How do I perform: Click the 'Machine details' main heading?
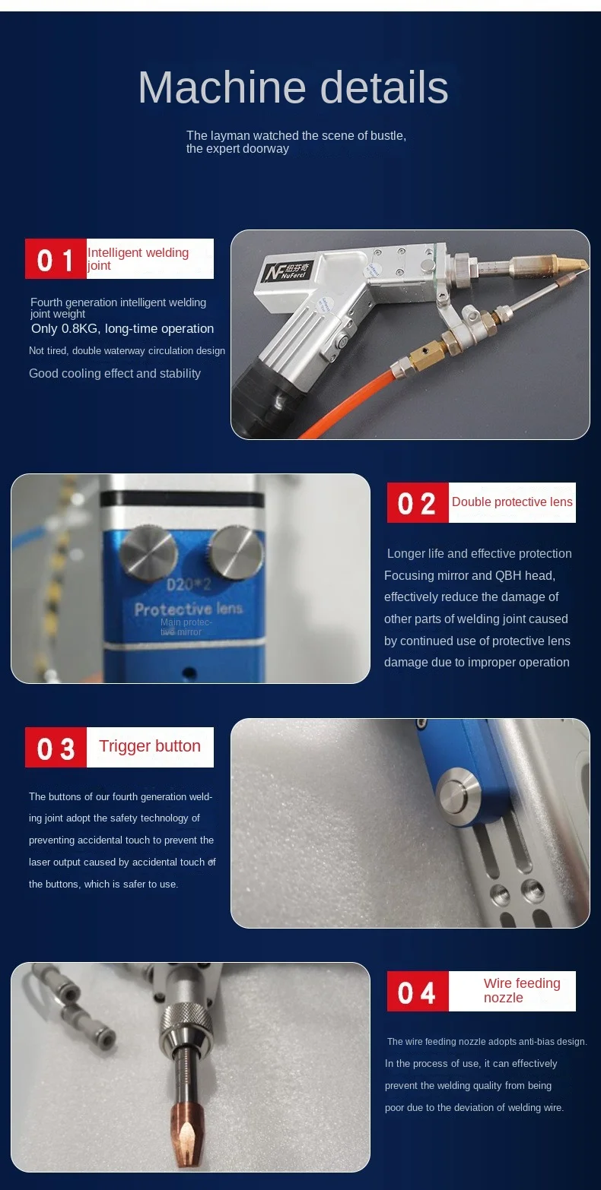pos(293,87)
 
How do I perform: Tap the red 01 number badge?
pos(56,258)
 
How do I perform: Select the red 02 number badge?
pos(418,502)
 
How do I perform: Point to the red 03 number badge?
pos(56,747)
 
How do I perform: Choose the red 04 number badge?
pos(418,992)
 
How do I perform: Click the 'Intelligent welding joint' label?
pos(138,258)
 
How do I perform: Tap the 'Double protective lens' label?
pos(512,502)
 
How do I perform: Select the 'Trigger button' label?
pos(150,746)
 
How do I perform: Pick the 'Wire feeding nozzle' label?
pos(522,990)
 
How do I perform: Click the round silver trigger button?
pos(458,796)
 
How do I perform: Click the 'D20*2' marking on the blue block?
pos(189,585)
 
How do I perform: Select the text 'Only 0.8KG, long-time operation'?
pos(122,329)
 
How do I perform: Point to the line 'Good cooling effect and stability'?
pos(115,373)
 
